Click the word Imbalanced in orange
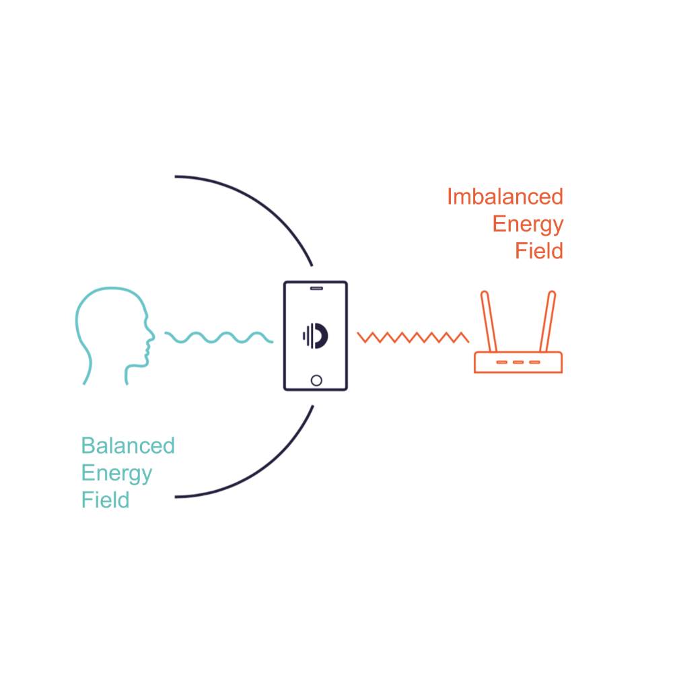point(505,197)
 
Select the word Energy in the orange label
point(528,224)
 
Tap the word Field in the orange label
point(538,251)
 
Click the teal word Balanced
point(128,446)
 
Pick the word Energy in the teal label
point(116,473)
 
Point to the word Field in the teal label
point(105,501)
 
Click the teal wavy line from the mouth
point(219,336)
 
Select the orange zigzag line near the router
point(413,336)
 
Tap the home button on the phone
point(316,380)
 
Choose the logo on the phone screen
point(315,335)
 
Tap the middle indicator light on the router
point(518,362)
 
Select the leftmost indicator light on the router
point(502,362)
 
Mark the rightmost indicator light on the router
point(534,362)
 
